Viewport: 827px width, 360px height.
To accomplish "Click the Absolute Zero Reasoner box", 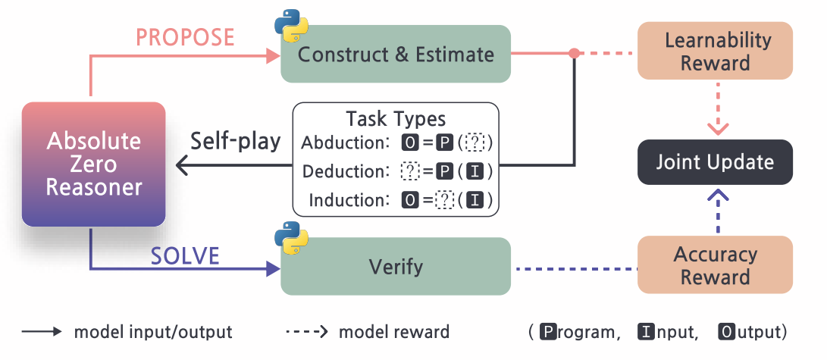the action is [93, 164].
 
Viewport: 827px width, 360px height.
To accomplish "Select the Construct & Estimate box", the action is [396, 54].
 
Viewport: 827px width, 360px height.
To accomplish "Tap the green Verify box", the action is [396, 267].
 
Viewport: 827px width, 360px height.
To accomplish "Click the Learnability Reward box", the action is [715, 51].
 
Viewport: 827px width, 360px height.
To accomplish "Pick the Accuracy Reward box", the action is [715, 265].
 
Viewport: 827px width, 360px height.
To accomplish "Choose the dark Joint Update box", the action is [715, 162].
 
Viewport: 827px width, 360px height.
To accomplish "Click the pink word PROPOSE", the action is [185, 38].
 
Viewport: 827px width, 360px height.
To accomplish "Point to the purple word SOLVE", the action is [185, 256].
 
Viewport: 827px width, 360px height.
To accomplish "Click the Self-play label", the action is [235, 142].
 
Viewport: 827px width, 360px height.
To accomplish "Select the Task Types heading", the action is [396, 118].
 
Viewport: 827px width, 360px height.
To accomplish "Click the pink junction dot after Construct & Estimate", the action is [575, 53].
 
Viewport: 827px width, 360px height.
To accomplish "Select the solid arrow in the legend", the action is [42, 332].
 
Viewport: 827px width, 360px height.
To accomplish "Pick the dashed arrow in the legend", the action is [307, 332].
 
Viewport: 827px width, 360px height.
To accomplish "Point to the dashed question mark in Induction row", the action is [444, 201].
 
